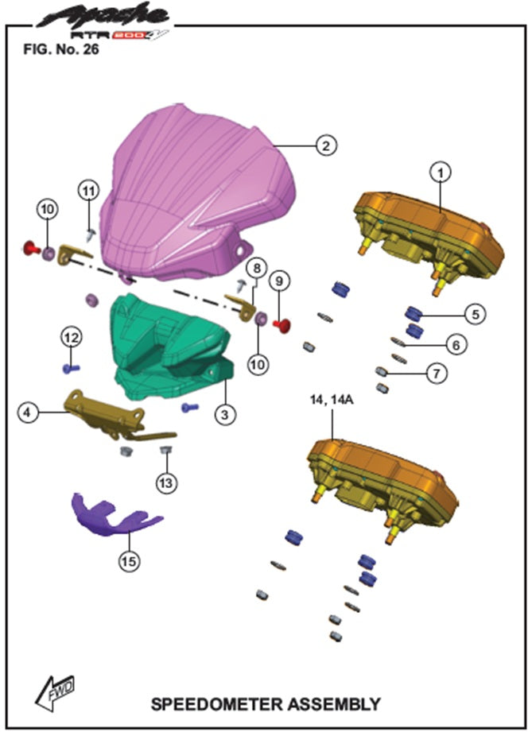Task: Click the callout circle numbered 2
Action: click(326, 145)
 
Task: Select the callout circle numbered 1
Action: click(441, 172)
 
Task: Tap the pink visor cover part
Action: click(197, 192)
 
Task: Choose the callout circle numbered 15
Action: click(130, 561)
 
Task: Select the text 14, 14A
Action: click(332, 400)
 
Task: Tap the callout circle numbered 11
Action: click(89, 191)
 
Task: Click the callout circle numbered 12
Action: click(72, 337)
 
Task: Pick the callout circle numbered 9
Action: click(279, 281)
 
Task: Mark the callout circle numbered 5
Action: click(476, 314)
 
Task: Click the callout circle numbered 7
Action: click(437, 374)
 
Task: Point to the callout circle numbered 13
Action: click(166, 483)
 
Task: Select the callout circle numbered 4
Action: click(27, 413)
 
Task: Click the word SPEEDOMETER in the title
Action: click(217, 704)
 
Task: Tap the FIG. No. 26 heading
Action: click(61, 49)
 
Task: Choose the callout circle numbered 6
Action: click(456, 345)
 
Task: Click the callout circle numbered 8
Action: click(257, 269)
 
